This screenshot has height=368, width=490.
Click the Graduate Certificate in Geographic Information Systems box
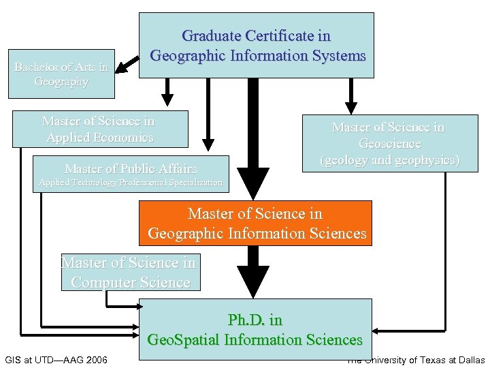click(x=257, y=45)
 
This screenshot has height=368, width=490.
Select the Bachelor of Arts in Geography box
click(x=61, y=74)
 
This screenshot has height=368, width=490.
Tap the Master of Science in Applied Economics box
click(x=100, y=129)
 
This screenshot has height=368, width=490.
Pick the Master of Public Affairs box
click(x=130, y=168)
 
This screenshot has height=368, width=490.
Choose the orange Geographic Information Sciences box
click(x=255, y=223)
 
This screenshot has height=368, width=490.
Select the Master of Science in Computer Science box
click(x=130, y=272)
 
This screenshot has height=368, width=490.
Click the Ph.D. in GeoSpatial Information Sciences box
click(x=255, y=329)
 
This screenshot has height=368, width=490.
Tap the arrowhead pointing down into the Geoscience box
click(x=350, y=106)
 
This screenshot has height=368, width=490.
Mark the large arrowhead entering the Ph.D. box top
click(x=254, y=285)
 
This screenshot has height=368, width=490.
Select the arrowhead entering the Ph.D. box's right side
click(x=379, y=331)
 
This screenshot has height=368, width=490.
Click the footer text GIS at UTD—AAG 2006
click(x=56, y=359)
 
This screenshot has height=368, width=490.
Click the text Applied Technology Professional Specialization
click(x=130, y=183)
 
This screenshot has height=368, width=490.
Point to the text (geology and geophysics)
click(x=390, y=161)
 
